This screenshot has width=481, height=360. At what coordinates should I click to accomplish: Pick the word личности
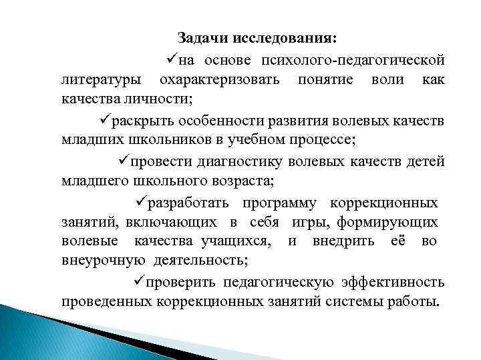(x=155, y=99)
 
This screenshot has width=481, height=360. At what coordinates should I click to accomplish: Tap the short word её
(x=397, y=241)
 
